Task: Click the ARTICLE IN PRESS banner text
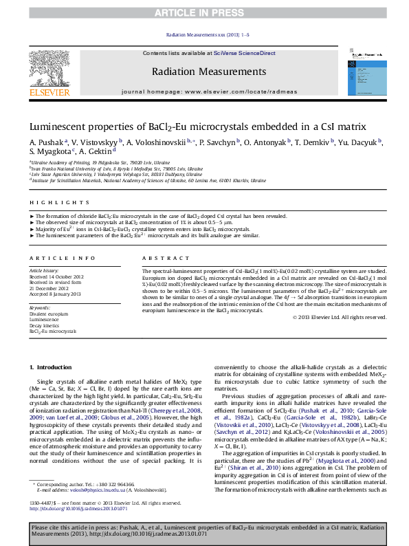(204, 12)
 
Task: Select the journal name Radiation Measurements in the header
(208, 72)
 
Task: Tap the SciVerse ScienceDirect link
(244, 53)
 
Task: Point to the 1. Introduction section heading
(53, 368)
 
